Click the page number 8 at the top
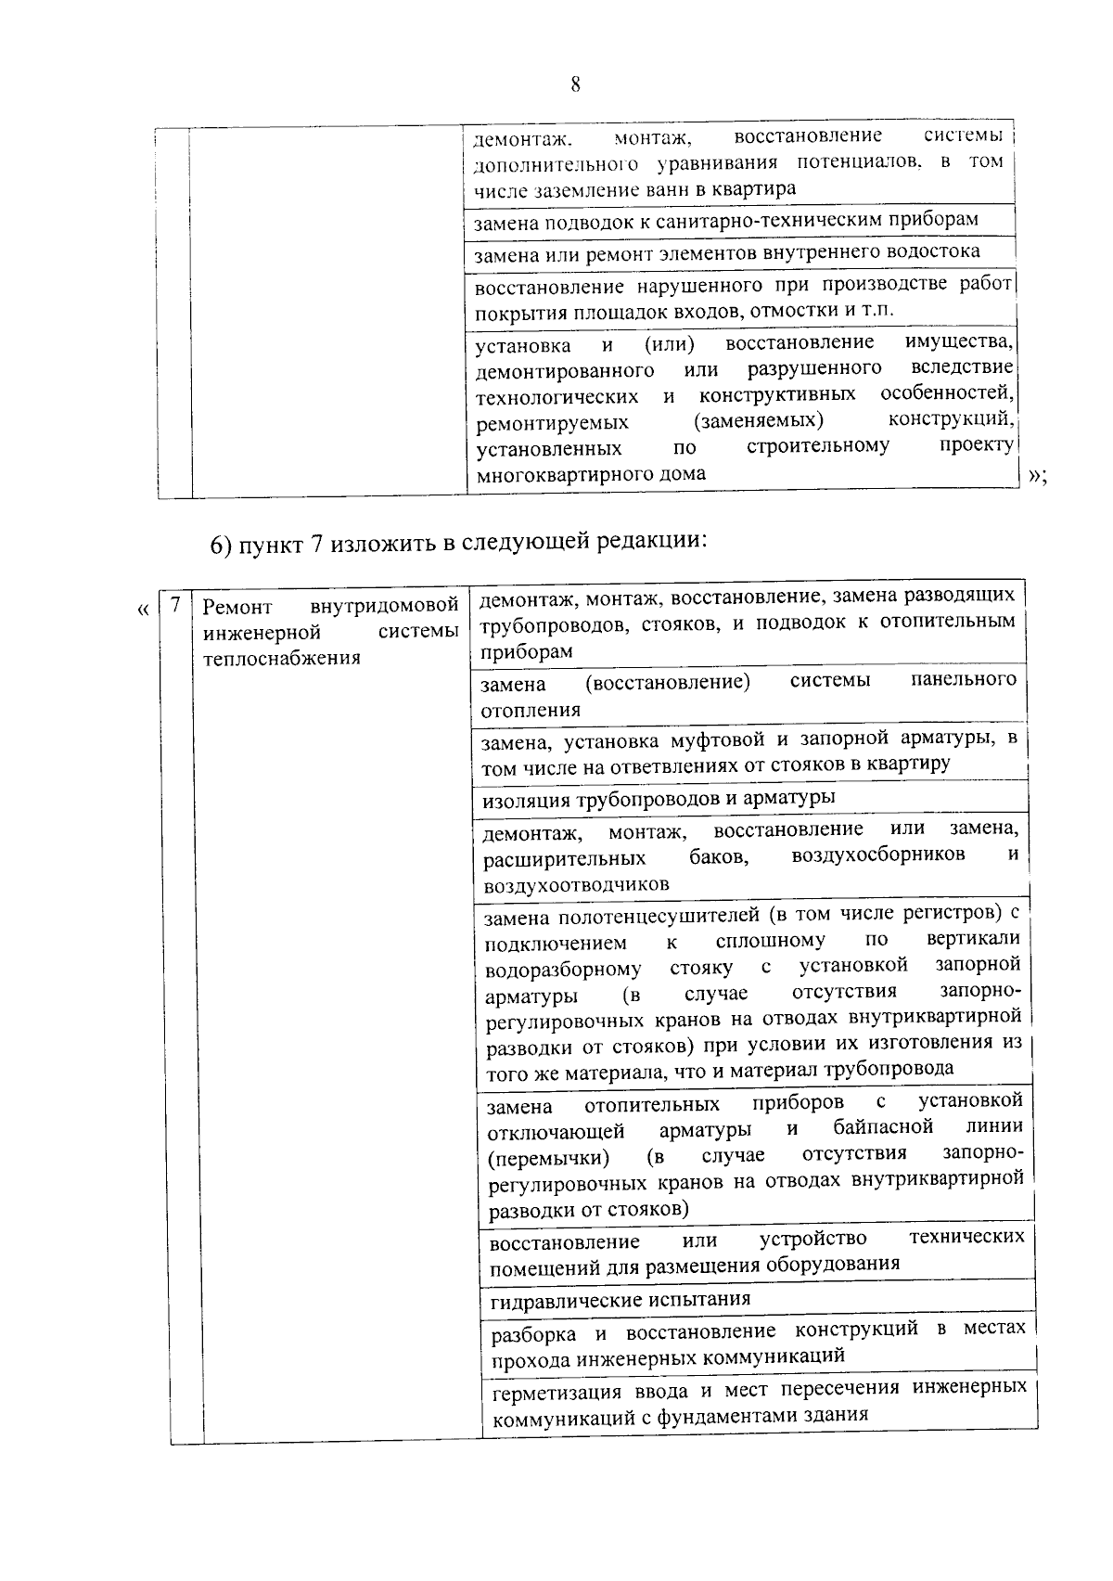pyautogui.click(x=575, y=85)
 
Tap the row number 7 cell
pyautogui.click(x=174, y=606)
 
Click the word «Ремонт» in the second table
pyautogui.click(x=237, y=608)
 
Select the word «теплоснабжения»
pyautogui.click(x=281, y=659)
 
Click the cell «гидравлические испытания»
pyautogui.click(x=620, y=1299)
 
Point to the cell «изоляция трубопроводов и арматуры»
pyautogui.click(x=659, y=798)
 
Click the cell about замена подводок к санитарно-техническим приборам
pyautogui.click(x=725, y=221)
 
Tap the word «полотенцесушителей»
pyautogui.click(x=659, y=917)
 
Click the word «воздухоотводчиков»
pyautogui.click(x=576, y=884)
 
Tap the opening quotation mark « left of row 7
pyautogui.click(x=142, y=610)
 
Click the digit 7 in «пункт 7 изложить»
pyautogui.click(x=315, y=544)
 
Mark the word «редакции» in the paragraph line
pyautogui.click(x=646, y=542)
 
